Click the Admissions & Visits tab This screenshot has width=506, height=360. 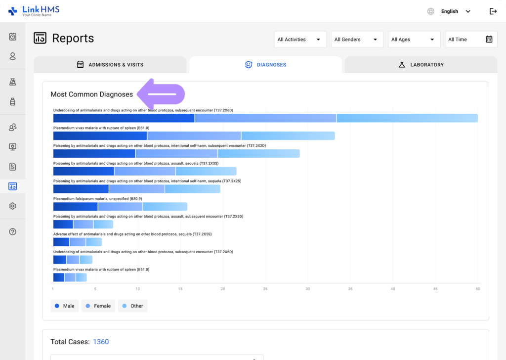click(110, 65)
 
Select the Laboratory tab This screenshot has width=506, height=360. click(421, 65)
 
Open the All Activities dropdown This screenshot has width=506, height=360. click(300, 40)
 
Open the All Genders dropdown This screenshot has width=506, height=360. click(357, 40)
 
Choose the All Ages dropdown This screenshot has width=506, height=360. click(414, 40)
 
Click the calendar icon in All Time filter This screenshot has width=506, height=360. click(489, 40)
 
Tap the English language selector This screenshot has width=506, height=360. click(449, 11)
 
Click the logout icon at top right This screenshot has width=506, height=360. click(493, 11)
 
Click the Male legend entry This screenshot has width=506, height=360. click(64, 306)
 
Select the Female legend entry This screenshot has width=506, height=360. click(98, 306)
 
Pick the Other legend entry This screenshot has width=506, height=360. click(132, 306)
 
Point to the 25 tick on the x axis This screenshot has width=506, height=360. click(265, 289)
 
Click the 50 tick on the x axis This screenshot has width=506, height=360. click(477, 289)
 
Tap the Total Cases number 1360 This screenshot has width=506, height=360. click(101, 342)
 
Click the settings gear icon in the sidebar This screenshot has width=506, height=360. click(13, 206)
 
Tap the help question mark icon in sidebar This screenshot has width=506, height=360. click(13, 232)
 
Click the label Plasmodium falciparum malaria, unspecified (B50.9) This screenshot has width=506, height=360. click(91, 199)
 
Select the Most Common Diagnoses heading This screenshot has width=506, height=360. click(91, 94)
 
